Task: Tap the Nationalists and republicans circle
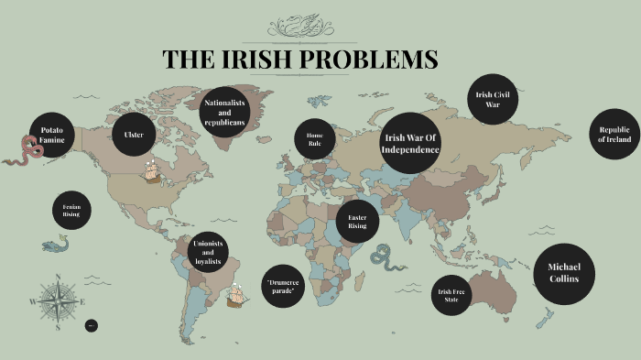click(224, 113)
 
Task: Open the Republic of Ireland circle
click(614, 135)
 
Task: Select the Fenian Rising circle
click(71, 210)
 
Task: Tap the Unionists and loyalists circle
click(207, 251)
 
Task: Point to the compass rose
click(57, 300)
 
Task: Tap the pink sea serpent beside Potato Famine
click(20, 151)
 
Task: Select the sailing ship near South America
click(237, 296)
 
